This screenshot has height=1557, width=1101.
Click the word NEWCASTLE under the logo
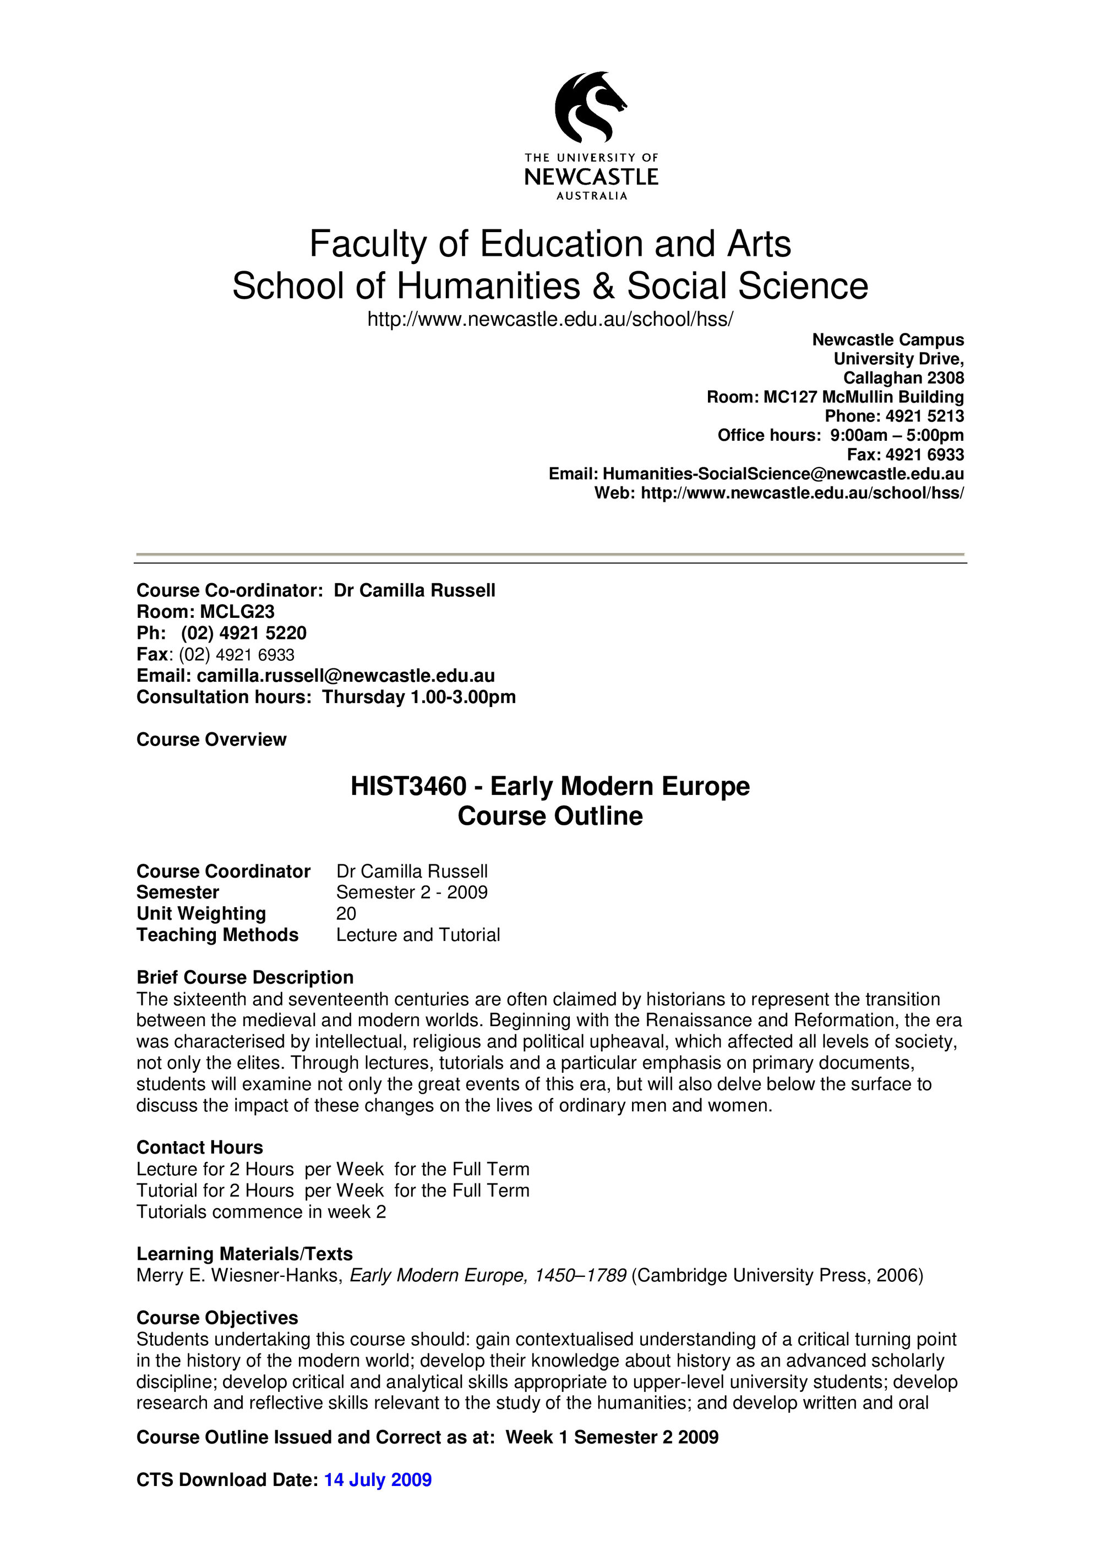tap(591, 178)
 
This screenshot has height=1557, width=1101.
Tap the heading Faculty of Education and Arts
tap(549, 244)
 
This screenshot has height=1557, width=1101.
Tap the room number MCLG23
tap(237, 612)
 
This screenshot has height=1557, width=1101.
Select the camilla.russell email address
tap(345, 676)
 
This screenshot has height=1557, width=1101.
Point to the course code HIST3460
tap(408, 787)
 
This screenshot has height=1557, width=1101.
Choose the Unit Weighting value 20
tap(346, 913)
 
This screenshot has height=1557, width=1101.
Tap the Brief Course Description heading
tap(245, 977)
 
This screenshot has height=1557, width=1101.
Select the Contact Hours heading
tap(199, 1148)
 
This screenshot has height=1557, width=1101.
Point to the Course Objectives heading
tap(217, 1318)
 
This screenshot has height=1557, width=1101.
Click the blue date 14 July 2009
tap(378, 1479)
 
